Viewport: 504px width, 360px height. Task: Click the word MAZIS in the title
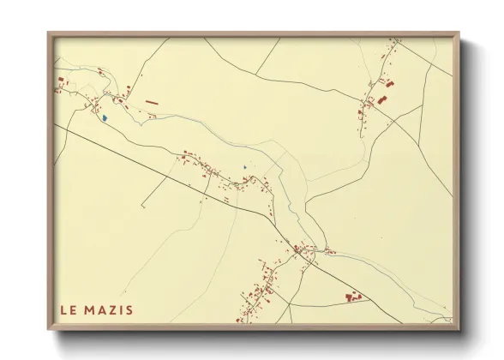click(x=111, y=309)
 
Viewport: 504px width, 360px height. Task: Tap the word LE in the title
click(x=69, y=309)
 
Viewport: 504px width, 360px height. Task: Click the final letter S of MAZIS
click(x=129, y=309)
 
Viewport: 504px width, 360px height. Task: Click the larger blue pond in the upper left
click(x=103, y=118)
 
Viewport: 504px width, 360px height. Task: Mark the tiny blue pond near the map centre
click(x=244, y=167)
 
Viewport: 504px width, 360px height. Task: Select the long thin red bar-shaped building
click(x=153, y=102)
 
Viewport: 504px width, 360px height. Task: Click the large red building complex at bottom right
click(x=352, y=297)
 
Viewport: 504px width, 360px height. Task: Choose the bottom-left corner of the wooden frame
click(x=50, y=328)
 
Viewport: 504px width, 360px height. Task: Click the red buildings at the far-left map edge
click(x=61, y=84)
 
